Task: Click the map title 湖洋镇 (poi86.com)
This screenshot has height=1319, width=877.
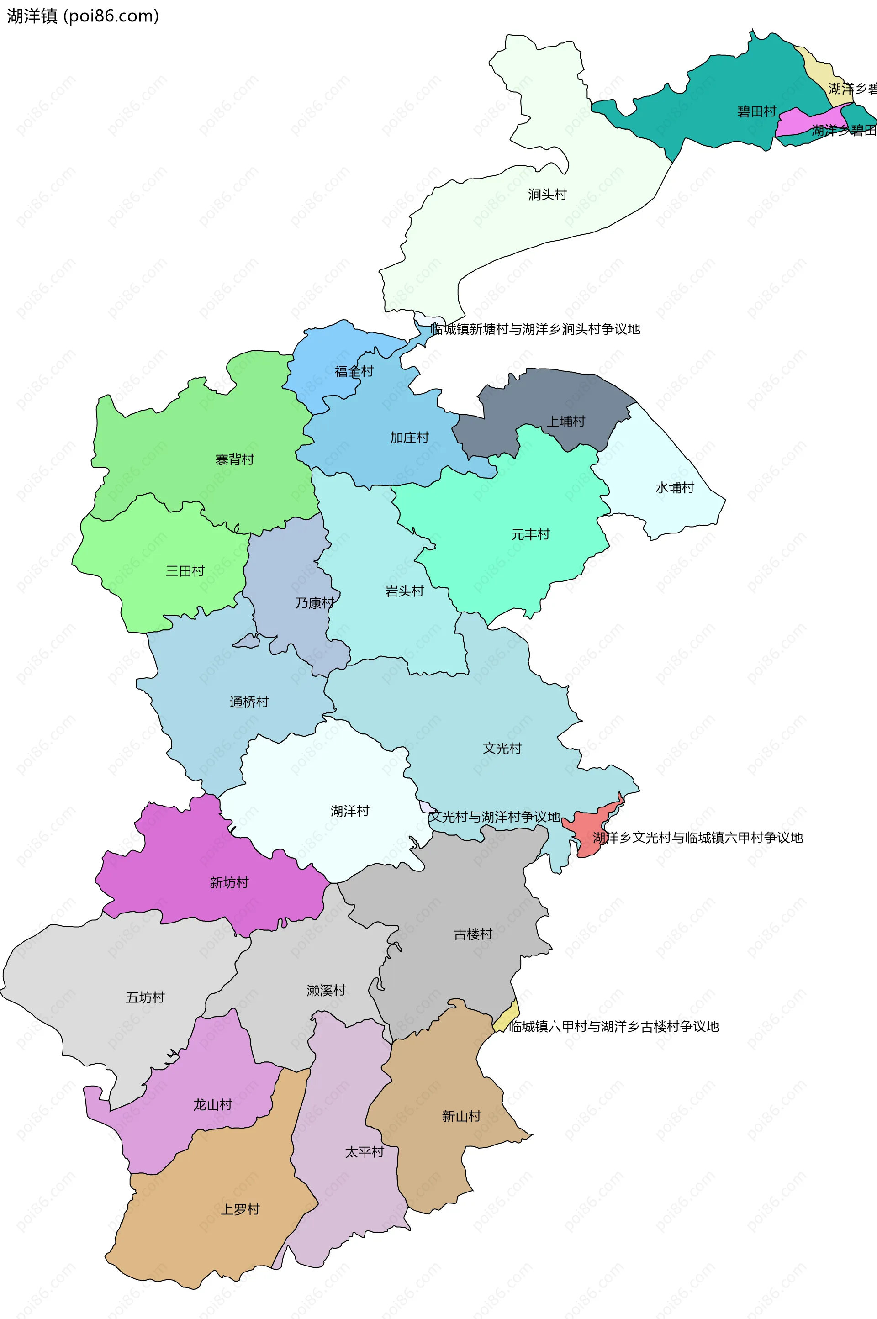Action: click(83, 16)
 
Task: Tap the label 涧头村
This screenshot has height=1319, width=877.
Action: click(548, 195)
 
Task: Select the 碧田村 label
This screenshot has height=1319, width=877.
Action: click(757, 112)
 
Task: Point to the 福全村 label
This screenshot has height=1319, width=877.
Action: click(354, 371)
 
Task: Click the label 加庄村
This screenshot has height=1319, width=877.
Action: click(409, 438)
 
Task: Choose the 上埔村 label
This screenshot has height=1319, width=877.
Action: click(565, 422)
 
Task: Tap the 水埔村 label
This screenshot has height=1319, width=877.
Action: click(675, 488)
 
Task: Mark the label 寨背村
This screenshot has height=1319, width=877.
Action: click(235, 459)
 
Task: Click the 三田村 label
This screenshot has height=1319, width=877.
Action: click(185, 571)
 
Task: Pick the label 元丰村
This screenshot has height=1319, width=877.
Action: click(530, 534)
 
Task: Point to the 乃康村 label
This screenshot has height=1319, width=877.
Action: click(315, 603)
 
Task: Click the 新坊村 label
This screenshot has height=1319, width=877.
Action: click(229, 883)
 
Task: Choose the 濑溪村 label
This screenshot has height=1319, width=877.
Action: click(326, 991)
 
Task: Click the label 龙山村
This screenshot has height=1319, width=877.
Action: click(212, 1105)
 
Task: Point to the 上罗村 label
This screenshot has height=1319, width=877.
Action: click(241, 1209)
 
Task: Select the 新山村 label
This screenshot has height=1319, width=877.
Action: click(461, 1117)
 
